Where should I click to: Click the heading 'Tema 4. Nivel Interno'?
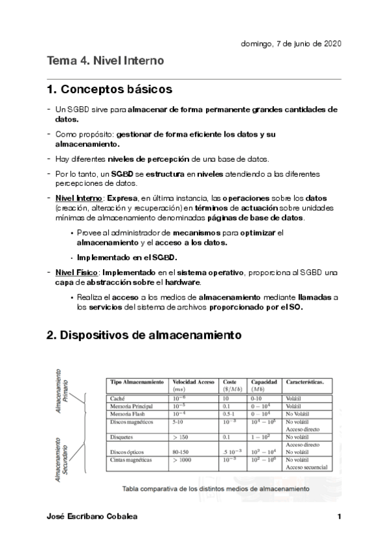105,62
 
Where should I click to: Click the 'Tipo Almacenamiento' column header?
137,383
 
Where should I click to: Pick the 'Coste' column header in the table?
229,383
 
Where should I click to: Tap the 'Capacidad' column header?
265,383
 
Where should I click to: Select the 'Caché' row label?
117,398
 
